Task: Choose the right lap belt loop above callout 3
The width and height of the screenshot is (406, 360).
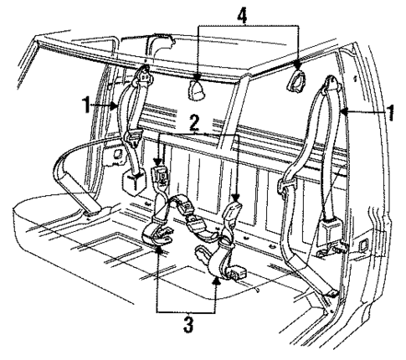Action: tap(211, 255)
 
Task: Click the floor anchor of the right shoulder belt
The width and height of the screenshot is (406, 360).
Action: tap(332, 294)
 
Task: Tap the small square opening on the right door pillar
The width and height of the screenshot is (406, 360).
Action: tap(364, 244)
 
